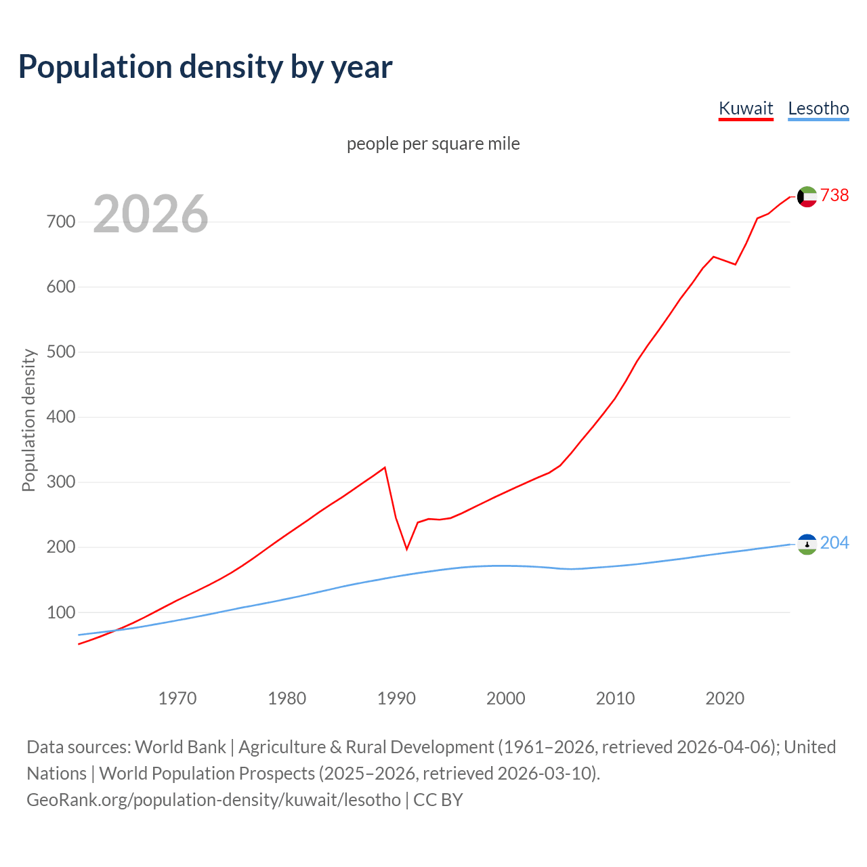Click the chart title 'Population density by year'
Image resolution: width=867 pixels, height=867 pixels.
coord(205,67)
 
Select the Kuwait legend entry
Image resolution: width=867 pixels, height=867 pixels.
coord(746,108)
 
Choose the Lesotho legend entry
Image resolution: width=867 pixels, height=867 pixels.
coord(818,108)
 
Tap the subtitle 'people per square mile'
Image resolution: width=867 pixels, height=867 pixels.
coord(433,144)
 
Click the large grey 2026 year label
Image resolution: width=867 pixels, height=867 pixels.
coord(150,214)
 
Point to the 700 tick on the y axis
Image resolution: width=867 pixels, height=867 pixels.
coord(61,222)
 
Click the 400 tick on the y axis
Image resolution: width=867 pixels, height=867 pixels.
coord(61,417)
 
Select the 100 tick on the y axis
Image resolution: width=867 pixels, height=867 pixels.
coord(61,612)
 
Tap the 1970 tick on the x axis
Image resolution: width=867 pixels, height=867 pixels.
coord(177,698)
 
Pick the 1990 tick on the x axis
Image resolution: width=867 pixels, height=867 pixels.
coord(396,698)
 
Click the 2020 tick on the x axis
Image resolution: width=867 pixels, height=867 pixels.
coord(725,698)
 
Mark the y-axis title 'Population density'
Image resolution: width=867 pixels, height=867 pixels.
coord(28,420)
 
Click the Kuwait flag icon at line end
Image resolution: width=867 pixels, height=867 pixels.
coord(807,196)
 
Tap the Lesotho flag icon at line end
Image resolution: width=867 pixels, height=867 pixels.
coord(807,544)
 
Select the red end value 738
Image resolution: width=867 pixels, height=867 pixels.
coord(834,196)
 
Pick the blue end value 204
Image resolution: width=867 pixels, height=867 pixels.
coord(834,543)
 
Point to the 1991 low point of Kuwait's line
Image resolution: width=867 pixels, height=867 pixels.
coord(406,549)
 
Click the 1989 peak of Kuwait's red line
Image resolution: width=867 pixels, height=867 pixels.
coord(385,467)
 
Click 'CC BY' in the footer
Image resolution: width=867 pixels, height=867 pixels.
coord(438,800)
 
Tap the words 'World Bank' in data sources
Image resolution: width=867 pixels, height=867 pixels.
coord(180,747)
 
